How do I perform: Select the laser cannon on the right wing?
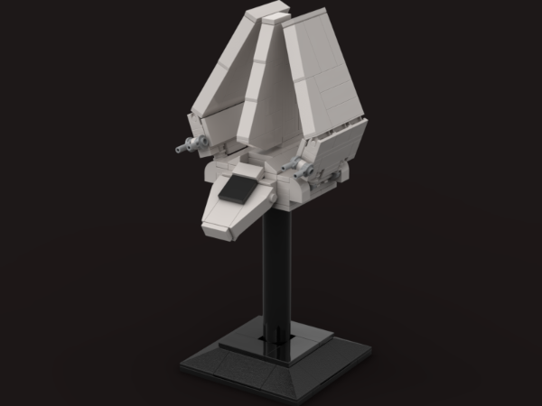click(293, 163)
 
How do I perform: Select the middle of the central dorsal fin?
click(266, 90)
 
